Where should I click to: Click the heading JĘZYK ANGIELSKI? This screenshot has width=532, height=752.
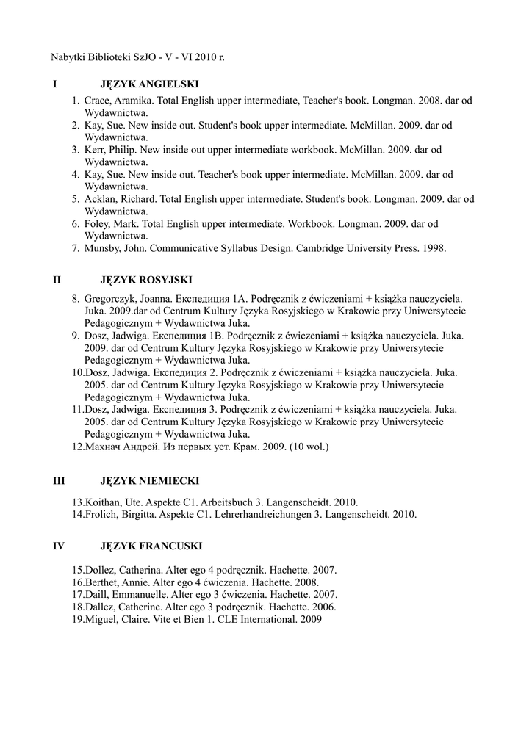tap(149, 84)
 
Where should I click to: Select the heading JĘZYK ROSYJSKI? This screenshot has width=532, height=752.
tap(145, 280)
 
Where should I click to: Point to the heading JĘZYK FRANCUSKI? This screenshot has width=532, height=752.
tap(151, 546)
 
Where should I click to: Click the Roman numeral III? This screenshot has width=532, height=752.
tap(59, 481)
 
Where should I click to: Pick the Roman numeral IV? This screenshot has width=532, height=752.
tap(60, 546)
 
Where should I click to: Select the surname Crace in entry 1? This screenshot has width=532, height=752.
tap(97, 99)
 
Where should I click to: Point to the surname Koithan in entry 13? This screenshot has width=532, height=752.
tap(103, 502)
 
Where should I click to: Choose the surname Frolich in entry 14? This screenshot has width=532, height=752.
tap(101, 515)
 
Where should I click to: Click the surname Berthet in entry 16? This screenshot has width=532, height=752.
tap(103, 582)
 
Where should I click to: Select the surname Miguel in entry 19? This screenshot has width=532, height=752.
tap(101, 620)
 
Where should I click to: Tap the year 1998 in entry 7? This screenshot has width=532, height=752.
tap(434, 249)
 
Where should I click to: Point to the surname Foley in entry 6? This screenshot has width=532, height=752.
tap(97, 224)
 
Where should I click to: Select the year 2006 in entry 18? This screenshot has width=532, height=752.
tap(324, 607)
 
